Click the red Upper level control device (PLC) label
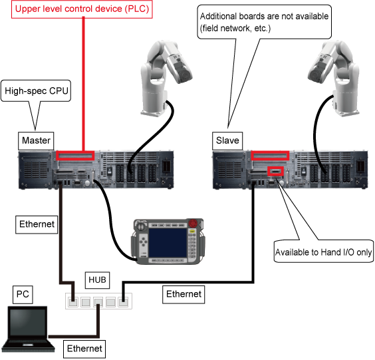(82, 9)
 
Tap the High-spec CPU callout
(37, 90)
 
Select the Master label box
(36, 140)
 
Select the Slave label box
(227, 140)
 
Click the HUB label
(97, 279)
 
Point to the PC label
(23, 294)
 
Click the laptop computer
(28, 329)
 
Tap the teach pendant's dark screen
(168, 242)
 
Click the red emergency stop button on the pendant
(193, 223)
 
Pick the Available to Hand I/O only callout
(324, 252)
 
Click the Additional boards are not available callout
(264, 22)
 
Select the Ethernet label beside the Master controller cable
(37, 224)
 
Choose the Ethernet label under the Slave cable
(184, 294)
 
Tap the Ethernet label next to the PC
(84, 349)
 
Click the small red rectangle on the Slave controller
(276, 171)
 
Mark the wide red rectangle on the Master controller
(75, 156)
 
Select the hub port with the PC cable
(98, 302)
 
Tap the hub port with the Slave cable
(123, 302)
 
